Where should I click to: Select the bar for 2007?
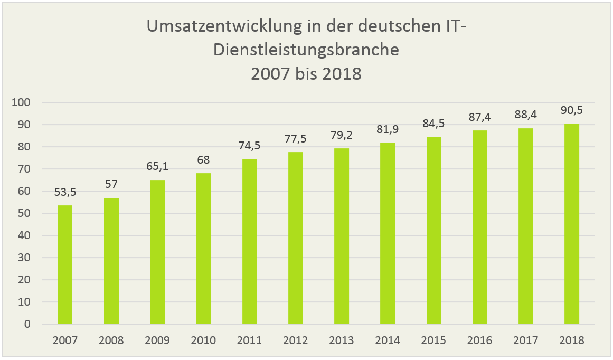click(x=65, y=264)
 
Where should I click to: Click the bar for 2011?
click(x=249, y=241)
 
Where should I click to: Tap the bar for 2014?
click(x=388, y=233)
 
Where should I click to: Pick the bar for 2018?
click(x=572, y=224)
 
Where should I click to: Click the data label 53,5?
click(x=65, y=193)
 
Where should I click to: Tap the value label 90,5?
click(x=572, y=111)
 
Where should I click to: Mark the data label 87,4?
click(x=479, y=118)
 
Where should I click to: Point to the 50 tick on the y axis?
click(x=24, y=213)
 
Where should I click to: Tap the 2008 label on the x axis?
click(x=111, y=340)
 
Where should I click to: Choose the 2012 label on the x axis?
click(x=295, y=340)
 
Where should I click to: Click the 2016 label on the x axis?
click(x=479, y=340)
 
